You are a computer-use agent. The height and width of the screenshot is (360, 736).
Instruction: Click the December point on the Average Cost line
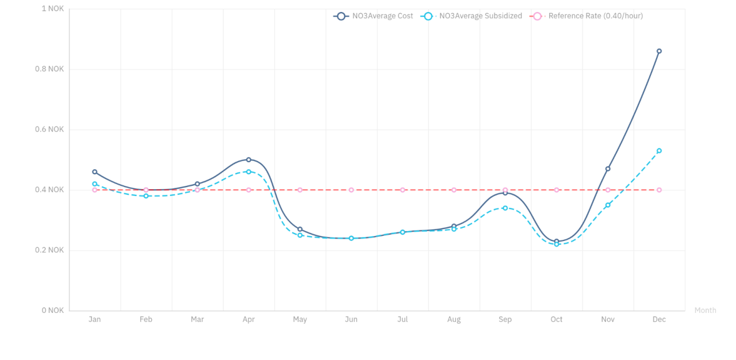click(659, 51)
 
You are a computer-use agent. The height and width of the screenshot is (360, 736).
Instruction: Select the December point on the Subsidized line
click(659, 151)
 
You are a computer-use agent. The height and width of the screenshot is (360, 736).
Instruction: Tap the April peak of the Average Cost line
click(248, 160)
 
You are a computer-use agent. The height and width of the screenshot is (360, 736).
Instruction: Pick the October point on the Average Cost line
click(557, 242)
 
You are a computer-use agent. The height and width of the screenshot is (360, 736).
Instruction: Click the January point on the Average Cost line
click(95, 172)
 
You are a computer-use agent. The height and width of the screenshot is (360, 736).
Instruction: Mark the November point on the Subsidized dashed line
click(608, 205)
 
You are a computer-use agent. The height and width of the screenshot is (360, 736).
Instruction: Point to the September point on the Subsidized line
click(505, 208)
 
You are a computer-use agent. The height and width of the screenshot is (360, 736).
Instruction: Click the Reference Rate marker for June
click(351, 190)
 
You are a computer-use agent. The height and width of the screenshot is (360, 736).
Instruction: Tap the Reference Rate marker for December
click(659, 190)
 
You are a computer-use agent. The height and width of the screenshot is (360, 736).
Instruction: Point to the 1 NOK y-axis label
click(52, 9)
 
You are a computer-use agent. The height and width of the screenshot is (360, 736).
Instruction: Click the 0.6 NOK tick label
click(48, 129)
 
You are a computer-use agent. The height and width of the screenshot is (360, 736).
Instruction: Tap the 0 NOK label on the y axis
click(52, 311)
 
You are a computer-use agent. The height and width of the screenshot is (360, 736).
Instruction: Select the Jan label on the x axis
click(95, 320)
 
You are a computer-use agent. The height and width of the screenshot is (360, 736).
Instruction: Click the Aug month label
click(454, 320)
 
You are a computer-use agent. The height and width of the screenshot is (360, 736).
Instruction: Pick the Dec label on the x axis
click(659, 320)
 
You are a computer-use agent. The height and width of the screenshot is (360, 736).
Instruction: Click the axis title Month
click(705, 311)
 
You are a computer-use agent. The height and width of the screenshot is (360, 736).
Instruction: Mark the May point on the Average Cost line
click(300, 229)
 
